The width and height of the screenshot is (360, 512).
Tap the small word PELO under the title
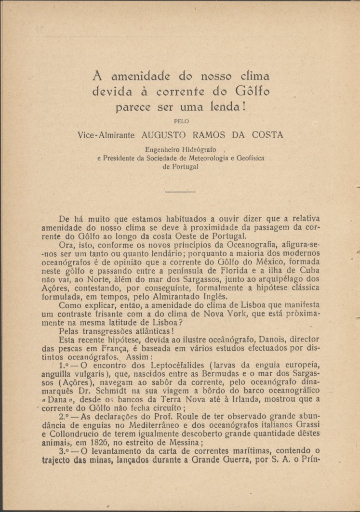(x=180, y=122)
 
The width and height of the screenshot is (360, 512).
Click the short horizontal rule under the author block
(x=180, y=192)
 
